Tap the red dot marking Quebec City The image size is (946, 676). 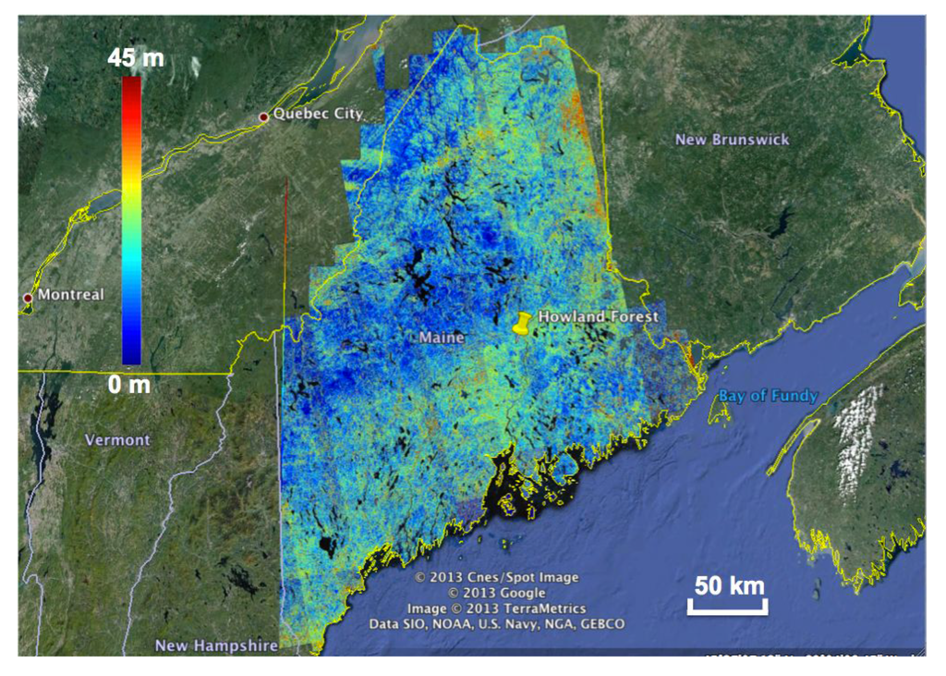point(263,117)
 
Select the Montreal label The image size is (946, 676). point(70,295)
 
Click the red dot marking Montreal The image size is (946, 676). point(28,298)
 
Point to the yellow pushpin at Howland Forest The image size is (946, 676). point(523,325)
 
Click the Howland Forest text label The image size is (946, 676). point(598,316)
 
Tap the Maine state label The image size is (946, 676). point(442,338)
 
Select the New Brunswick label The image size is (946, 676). point(733,140)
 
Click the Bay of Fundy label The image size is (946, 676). point(769,397)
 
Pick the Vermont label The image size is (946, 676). point(117,440)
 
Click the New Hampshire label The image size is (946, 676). point(216,645)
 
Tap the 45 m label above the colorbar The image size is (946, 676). point(135,58)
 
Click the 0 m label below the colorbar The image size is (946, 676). point(128,384)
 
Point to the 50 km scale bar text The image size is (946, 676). point(728,585)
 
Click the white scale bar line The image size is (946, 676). point(726,608)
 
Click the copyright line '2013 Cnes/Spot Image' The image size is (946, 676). point(496,577)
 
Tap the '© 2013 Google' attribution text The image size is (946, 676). point(496,593)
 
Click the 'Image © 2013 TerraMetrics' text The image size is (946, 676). point(496,608)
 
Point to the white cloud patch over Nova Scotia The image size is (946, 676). point(856,439)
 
